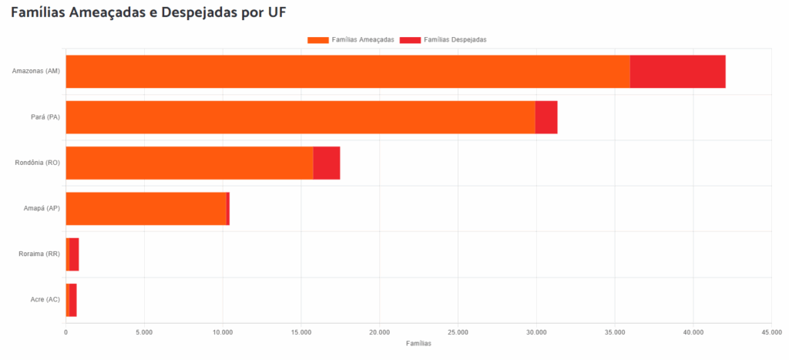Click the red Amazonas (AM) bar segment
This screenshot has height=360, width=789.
tap(677, 72)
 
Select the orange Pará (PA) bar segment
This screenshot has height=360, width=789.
tap(300, 117)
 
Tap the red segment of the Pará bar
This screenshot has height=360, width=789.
tap(546, 117)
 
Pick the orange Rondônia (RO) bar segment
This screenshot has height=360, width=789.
tap(190, 163)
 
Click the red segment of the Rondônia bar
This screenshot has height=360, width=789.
tap(327, 163)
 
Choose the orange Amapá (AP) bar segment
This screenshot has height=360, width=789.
tap(146, 209)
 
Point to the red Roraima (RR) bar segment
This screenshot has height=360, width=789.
tap(74, 254)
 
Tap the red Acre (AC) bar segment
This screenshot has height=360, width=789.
tap(72, 300)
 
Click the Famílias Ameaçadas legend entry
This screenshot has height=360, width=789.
tap(351, 39)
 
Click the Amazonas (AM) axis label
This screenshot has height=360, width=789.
tap(36, 72)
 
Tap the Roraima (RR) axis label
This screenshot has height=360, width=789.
tap(39, 254)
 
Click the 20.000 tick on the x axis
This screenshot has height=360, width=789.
tap(379, 332)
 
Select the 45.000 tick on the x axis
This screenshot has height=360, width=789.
tap(771, 332)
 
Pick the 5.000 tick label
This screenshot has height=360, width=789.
tap(144, 332)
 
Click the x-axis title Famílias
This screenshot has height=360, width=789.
tap(418, 343)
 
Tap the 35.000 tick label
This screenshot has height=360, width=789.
tap(614, 332)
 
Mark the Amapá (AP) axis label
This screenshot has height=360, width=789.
tap(41, 209)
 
